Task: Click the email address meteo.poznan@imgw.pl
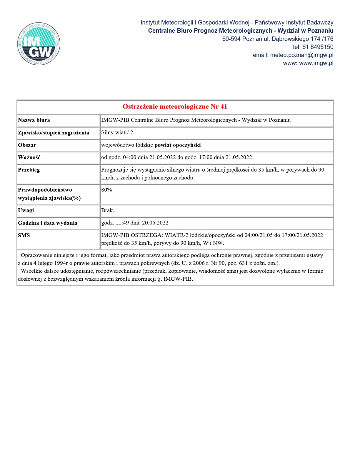pos(301,55)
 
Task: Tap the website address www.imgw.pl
pos(316,63)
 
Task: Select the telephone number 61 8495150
pos(318,47)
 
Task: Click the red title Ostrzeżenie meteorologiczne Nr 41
pos(175,106)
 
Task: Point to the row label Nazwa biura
pos(34,120)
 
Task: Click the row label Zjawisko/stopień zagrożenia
pos(54,133)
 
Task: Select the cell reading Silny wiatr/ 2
pos(117,132)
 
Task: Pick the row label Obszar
pos(27,145)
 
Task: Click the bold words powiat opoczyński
pos(178,145)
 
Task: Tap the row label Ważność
pos(29,157)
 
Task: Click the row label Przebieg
pos(29,170)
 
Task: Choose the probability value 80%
pos(106,190)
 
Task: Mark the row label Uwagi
pos(26,210)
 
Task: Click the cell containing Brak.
pos(108,210)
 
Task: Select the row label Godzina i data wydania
pos(48,223)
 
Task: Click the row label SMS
pos(24,235)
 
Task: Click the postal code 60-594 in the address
pos(231,39)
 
